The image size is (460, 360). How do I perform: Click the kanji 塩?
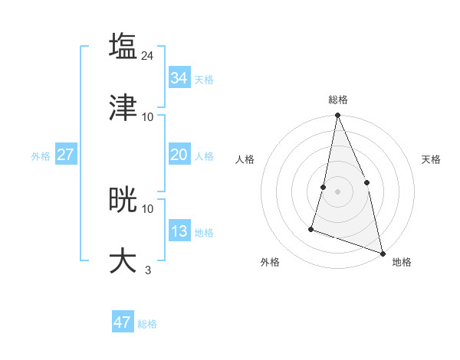123,46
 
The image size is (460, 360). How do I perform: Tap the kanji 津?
123,107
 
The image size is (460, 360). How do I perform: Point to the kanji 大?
123,260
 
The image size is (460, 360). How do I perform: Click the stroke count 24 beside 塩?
148,55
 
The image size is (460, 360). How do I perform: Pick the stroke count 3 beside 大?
148,270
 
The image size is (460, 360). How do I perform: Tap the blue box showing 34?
179,78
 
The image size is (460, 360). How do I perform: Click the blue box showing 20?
179,155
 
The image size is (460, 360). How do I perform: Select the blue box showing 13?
179,231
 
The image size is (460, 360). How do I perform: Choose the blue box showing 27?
65,155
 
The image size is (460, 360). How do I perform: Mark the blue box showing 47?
123,322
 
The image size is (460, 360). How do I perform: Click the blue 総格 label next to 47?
147,324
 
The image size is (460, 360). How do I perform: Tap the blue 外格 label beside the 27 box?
41,156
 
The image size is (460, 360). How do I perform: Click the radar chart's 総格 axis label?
338,100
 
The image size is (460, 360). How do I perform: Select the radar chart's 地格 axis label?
402,262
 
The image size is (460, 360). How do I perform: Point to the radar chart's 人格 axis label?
245,159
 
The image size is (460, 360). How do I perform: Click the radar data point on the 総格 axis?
337,116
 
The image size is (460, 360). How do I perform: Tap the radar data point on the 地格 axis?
383,253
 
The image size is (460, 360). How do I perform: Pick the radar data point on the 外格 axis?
311,228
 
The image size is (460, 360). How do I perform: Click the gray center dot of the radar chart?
337,191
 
